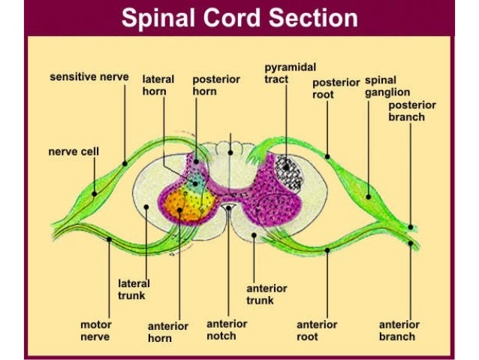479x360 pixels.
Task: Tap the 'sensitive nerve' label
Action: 89,77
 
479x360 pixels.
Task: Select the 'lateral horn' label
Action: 158,85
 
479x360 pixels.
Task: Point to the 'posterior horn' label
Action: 212,85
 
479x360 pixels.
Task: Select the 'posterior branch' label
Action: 411,110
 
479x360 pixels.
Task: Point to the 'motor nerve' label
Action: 96,331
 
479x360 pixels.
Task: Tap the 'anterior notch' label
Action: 227,330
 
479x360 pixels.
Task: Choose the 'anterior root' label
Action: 317,331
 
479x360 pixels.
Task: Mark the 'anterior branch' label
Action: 399,331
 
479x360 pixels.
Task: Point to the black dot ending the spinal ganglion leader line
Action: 368,196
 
